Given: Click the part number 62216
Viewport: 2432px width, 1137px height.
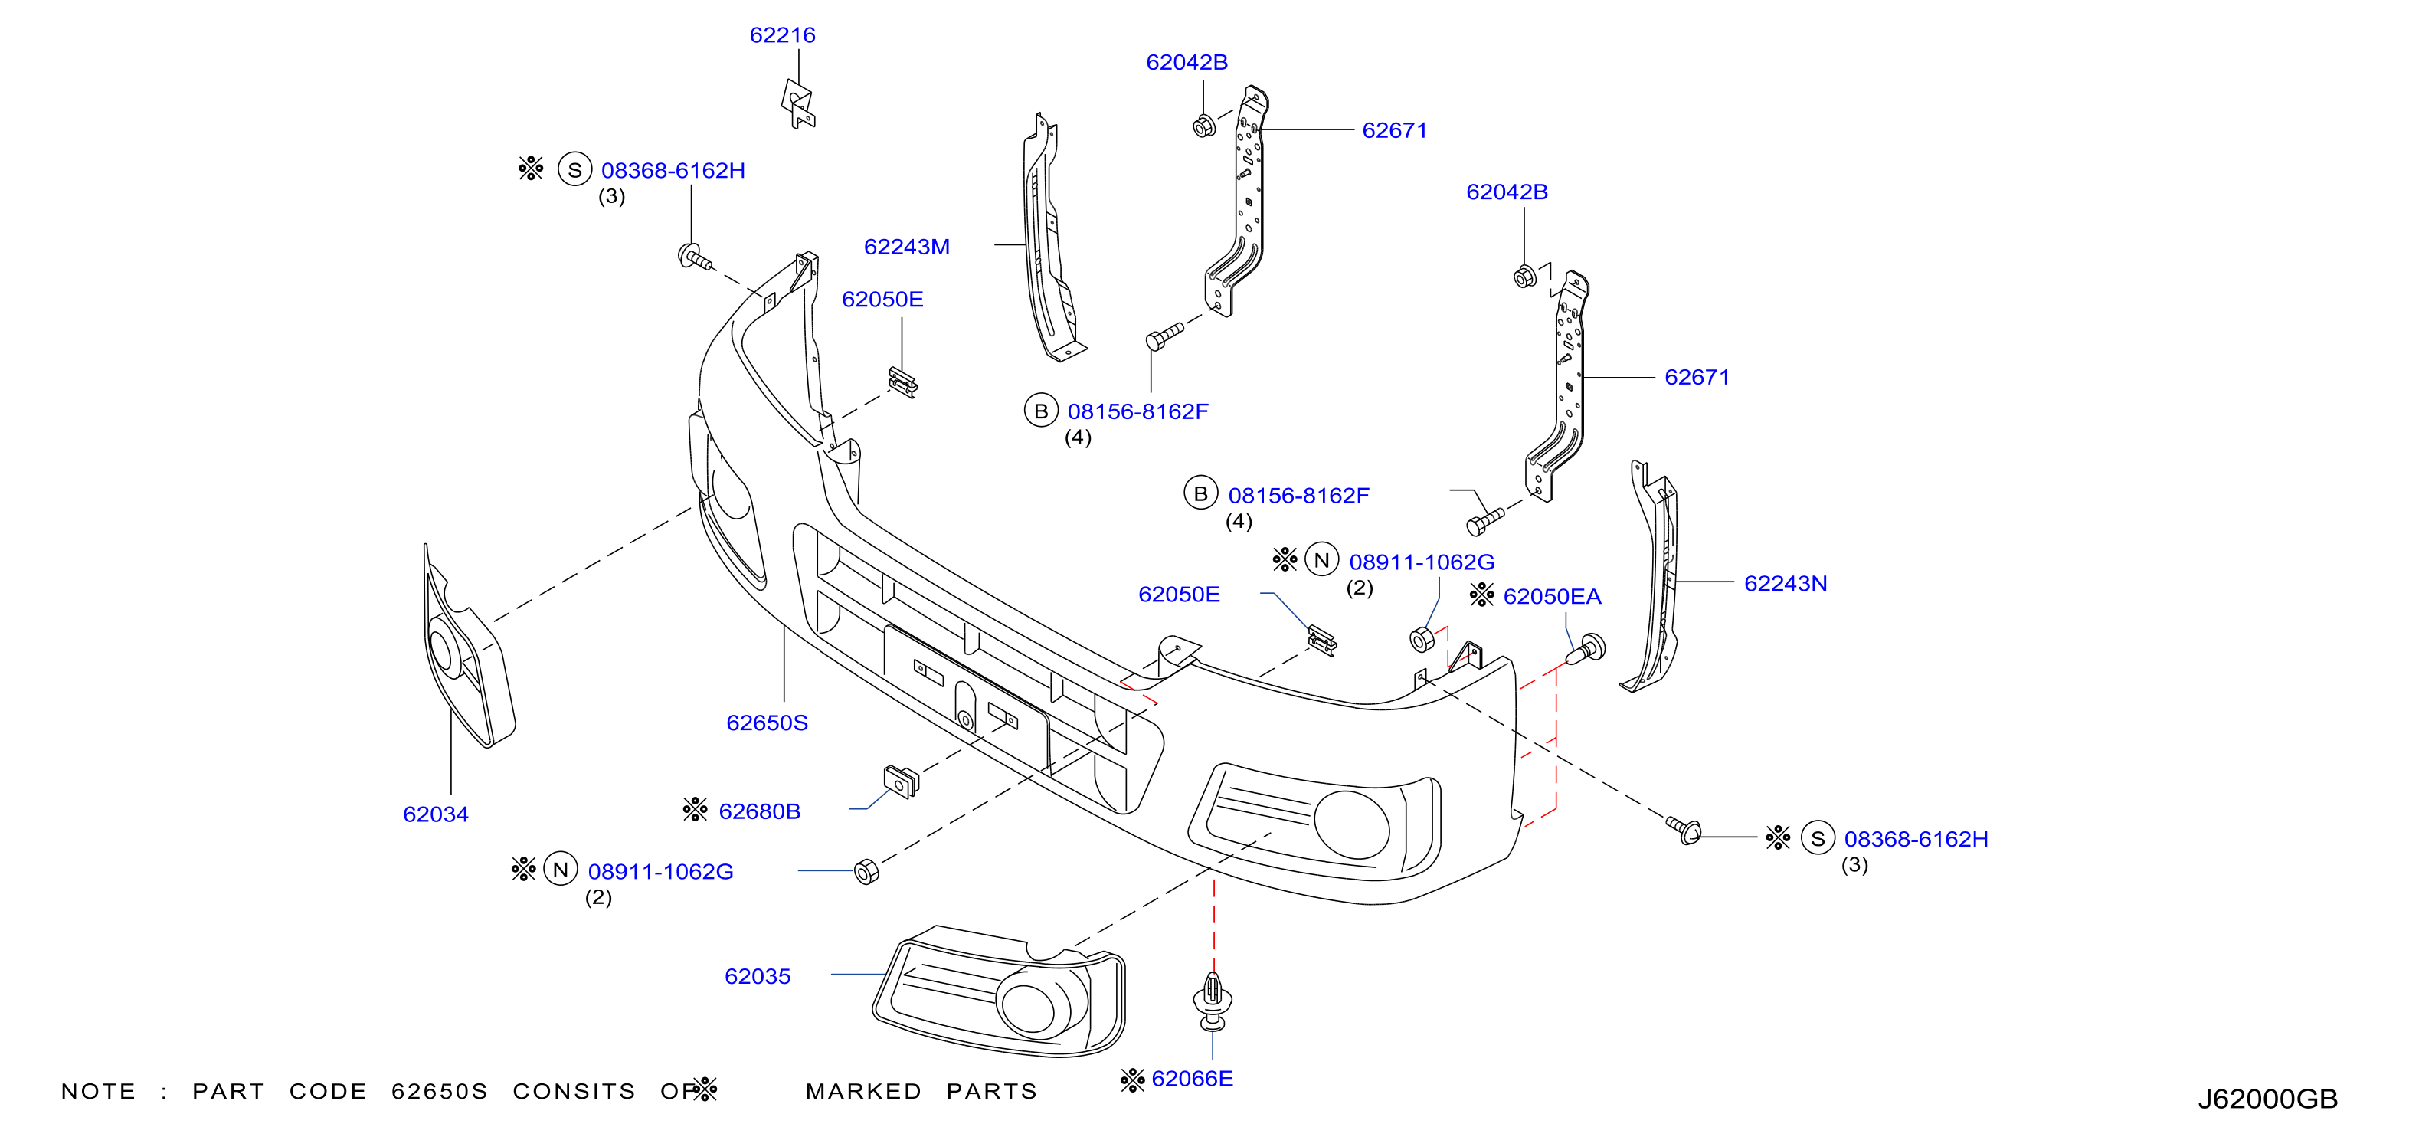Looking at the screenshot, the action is (782, 35).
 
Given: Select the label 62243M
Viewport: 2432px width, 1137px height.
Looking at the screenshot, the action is (906, 247).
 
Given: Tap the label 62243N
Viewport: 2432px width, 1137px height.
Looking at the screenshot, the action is (1786, 584).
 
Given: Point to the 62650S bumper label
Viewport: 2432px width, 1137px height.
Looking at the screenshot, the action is (767, 723).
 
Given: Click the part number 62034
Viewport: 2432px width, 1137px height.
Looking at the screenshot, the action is (435, 814).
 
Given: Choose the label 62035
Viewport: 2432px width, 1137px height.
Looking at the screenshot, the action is (757, 976).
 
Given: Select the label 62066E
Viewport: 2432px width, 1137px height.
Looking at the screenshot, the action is (1193, 1079).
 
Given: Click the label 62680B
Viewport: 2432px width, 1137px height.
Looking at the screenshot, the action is (759, 811).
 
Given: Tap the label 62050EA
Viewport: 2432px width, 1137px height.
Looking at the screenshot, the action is (1552, 597).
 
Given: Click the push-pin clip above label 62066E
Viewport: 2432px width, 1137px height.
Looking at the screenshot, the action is (1213, 1002).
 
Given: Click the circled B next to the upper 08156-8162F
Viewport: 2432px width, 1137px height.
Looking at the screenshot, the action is (1040, 411).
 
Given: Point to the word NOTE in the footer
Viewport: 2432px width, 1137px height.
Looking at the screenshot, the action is (98, 1092).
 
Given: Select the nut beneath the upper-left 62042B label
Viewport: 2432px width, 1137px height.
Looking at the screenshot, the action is (1203, 126).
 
